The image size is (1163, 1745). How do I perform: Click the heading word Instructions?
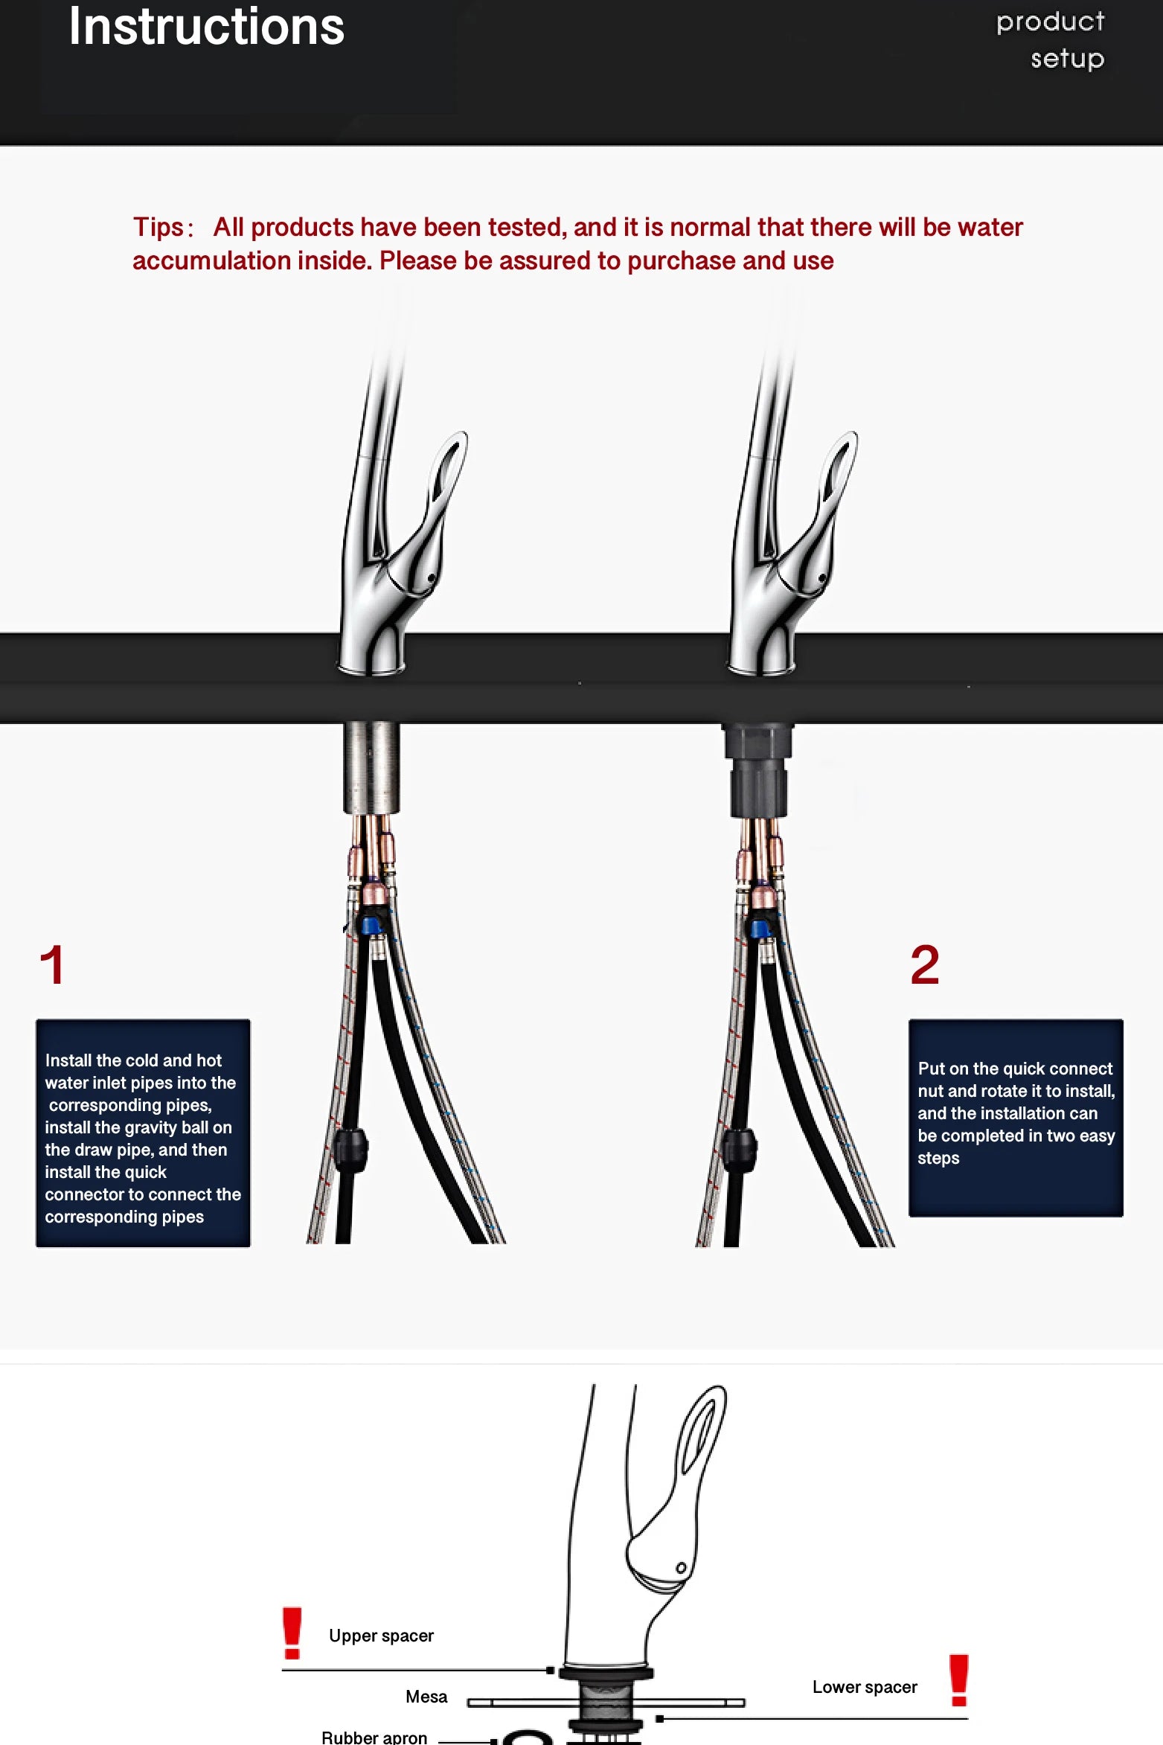[x=207, y=28]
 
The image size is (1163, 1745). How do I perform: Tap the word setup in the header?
[x=1067, y=59]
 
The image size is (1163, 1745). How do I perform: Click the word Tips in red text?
[x=158, y=228]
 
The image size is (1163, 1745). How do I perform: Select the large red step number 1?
[x=52, y=965]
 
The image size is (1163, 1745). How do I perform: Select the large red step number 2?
[x=925, y=965]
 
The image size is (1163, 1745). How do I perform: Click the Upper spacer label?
[x=381, y=1636]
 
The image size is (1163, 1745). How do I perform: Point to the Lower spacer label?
[x=865, y=1687]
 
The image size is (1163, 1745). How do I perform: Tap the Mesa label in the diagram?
[x=426, y=1697]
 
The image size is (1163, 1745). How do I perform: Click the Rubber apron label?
[x=374, y=1738]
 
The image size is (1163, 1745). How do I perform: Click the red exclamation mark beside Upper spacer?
[x=292, y=1633]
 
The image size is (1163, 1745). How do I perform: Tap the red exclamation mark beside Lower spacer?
[x=959, y=1680]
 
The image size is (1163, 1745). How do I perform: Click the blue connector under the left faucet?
[x=371, y=926]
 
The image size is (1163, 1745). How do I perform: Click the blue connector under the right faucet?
[x=760, y=929]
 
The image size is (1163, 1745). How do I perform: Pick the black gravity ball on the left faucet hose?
[x=350, y=1150]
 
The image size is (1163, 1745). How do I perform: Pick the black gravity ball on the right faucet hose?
[x=740, y=1150]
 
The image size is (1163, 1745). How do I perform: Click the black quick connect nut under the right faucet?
[x=758, y=770]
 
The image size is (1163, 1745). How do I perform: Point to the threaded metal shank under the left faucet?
[x=371, y=767]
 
